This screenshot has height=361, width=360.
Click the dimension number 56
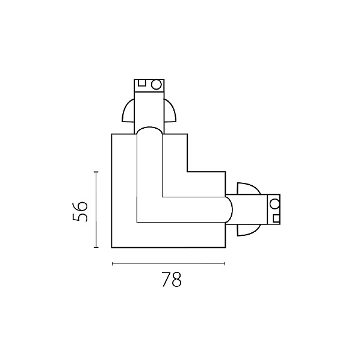pos(80,212)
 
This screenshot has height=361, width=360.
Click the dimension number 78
pos(172,280)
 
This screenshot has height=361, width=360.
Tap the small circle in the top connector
pos(156,84)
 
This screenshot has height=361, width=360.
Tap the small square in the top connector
pos(142,83)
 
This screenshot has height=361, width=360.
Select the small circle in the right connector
pos(275,204)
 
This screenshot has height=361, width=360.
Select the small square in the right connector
pos(276,218)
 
